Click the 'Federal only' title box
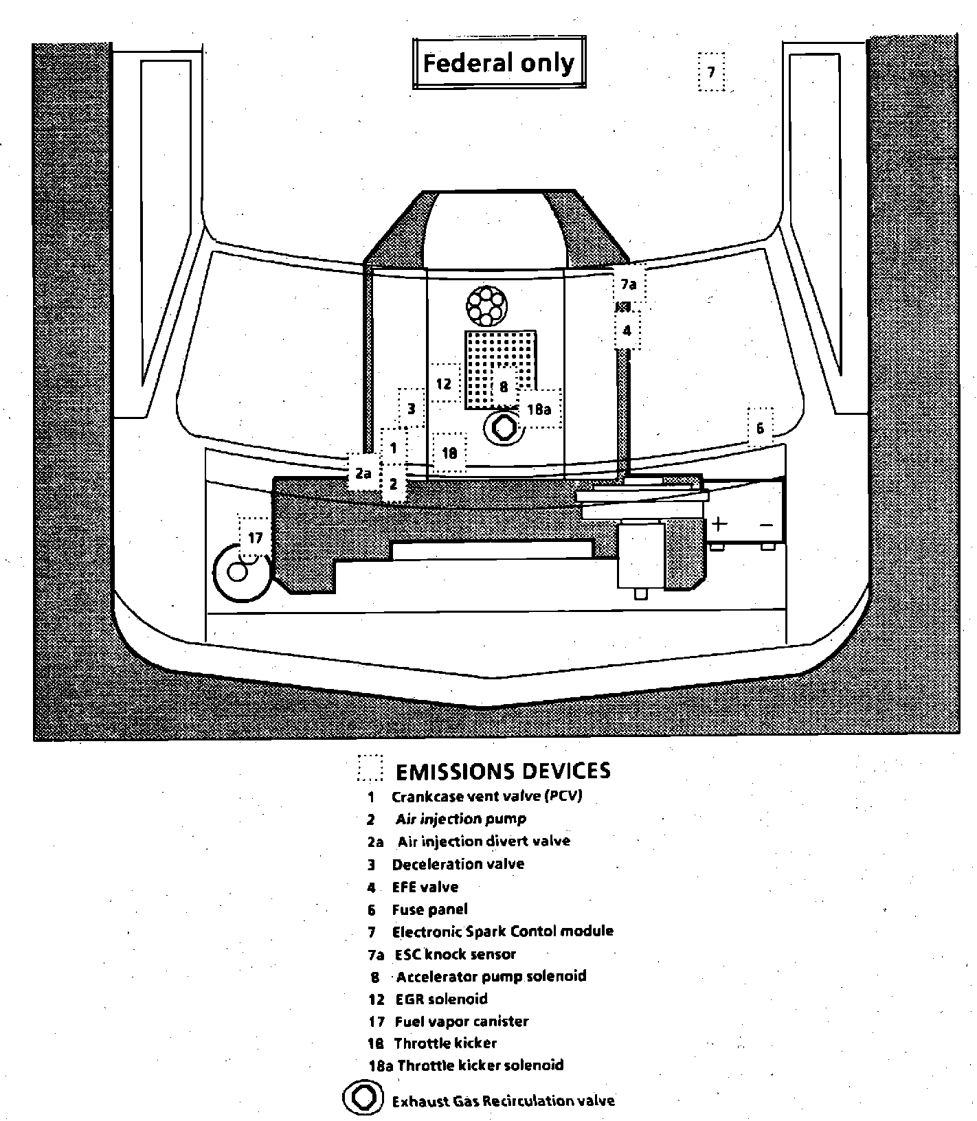click(498, 64)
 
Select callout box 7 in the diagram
click(711, 72)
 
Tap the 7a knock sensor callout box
click(629, 284)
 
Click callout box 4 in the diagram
click(627, 330)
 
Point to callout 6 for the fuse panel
click(760, 428)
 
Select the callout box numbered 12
click(444, 383)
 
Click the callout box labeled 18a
click(539, 409)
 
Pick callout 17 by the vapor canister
click(255, 537)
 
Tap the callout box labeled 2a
click(363, 473)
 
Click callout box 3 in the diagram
click(412, 409)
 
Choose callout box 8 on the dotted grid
click(504, 387)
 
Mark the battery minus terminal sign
click(767, 525)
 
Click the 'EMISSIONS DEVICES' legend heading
click(503, 771)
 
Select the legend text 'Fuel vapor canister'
click(462, 1021)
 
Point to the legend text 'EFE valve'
click(425, 887)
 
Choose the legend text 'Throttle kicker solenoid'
click(480, 1065)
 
